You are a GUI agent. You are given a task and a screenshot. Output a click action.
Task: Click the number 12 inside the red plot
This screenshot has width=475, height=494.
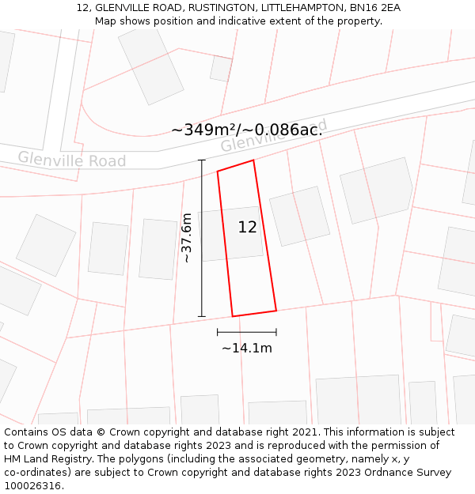[247, 228]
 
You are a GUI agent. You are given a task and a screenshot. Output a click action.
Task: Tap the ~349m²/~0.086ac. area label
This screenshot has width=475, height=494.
[246, 130]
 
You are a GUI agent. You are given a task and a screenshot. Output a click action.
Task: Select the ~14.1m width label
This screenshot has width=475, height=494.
[246, 348]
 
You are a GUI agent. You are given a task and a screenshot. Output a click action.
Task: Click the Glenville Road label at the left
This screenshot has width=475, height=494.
[72, 160]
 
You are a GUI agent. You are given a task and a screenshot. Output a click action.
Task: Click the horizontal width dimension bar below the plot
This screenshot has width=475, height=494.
[246, 333]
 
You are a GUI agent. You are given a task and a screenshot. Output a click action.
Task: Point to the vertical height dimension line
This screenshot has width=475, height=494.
[202, 238]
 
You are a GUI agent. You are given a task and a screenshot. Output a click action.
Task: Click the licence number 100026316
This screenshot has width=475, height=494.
[33, 486]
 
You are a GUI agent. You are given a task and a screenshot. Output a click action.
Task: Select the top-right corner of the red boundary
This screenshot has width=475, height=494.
[253, 160]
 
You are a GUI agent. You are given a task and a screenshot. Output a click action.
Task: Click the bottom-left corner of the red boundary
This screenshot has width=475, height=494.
[232, 316]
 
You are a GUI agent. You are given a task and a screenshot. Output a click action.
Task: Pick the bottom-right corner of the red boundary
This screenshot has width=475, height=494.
[276, 310]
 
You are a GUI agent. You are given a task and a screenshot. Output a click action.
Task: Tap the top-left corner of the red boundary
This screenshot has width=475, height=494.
[218, 171]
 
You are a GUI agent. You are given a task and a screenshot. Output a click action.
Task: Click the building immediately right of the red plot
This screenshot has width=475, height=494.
[299, 216]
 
